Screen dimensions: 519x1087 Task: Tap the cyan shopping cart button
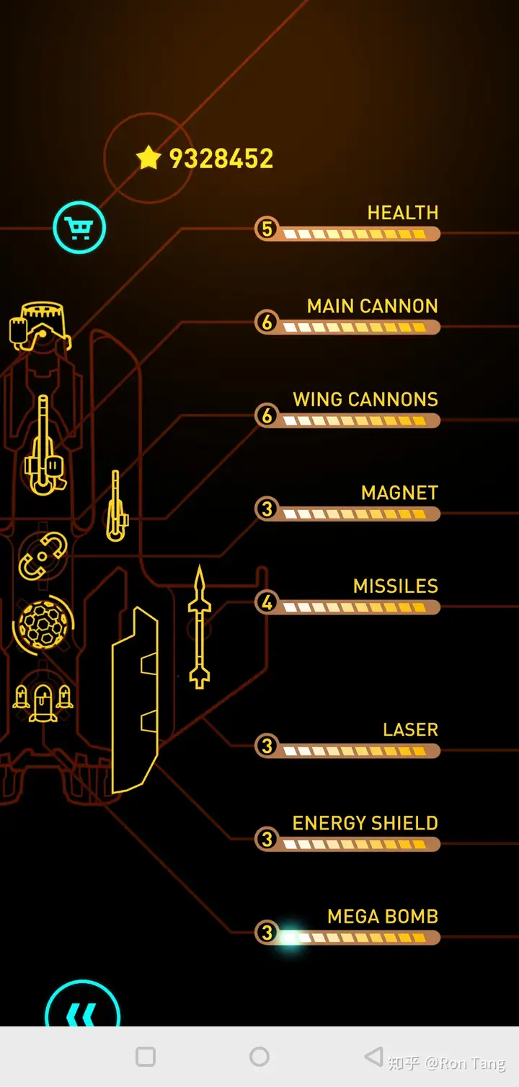[x=79, y=228]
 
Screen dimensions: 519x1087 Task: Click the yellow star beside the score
[x=148, y=157]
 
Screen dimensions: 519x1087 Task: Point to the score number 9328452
[x=221, y=159]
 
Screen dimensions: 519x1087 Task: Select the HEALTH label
[x=402, y=213]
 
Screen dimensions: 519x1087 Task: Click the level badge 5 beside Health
[x=267, y=229]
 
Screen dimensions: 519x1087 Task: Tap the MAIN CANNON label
[x=372, y=306]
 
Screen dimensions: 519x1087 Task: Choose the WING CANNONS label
[x=365, y=400]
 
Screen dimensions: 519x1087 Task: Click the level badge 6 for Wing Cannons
[x=267, y=415]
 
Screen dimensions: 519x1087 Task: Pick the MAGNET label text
[x=399, y=493]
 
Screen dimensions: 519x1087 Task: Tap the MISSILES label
[x=395, y=586]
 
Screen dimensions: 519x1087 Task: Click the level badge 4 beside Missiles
[x=267, y=602]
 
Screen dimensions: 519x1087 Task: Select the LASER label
[x=410, y=730]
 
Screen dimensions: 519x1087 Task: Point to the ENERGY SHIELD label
[x=365, y=823]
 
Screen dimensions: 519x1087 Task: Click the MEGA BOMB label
[x=382, y=916]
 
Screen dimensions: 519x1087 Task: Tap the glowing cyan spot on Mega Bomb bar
[x=290, y=938]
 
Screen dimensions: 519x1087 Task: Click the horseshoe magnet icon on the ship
[x=43, y=556]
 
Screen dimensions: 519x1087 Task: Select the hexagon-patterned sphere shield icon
[x=43, y=622]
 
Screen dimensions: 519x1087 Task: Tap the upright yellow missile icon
[x=200, y=628]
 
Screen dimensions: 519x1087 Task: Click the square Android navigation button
[x=146, y=1057]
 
